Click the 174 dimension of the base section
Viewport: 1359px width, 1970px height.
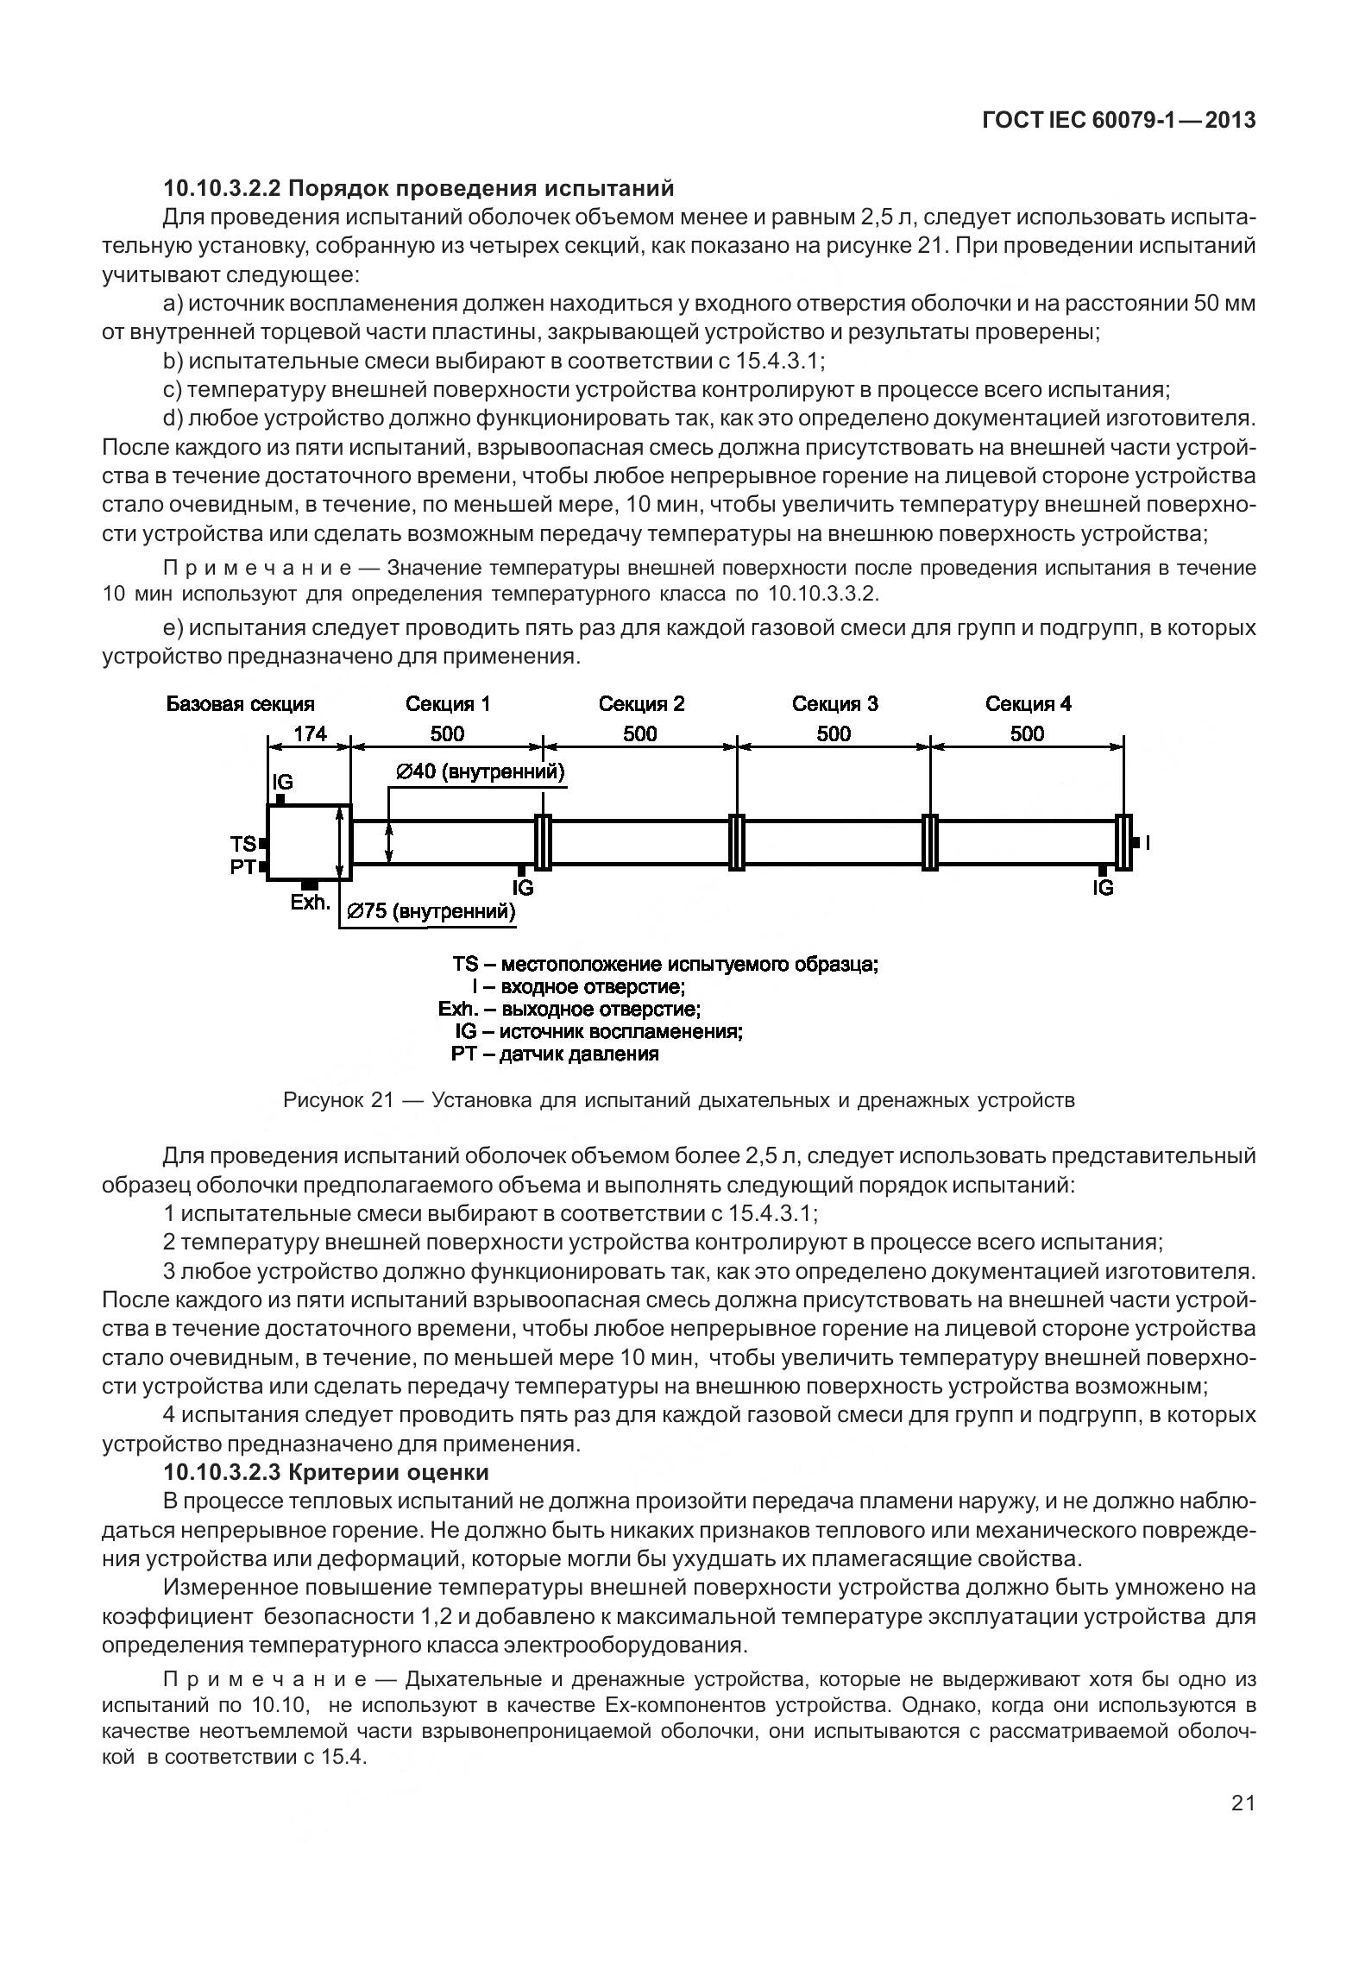pos(311,733)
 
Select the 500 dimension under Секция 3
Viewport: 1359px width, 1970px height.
pos(834,733)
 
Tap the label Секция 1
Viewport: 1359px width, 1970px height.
pos(448,704)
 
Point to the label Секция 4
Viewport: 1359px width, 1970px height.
pos(1028,704)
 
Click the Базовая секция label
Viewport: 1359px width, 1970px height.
pos(241,704)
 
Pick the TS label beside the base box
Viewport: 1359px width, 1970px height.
pos(242,843)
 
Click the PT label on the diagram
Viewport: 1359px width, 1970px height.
pos(242,867)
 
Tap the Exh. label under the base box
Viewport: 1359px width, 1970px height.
pos(310,903)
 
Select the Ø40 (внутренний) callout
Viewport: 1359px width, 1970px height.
pos(481,771)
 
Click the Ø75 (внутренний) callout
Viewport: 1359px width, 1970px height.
pos(431,911)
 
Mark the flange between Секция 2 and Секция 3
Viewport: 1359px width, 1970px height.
pos(736,841)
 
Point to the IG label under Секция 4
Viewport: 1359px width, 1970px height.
pos(1103,887)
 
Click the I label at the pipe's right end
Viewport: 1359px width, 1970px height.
pos(1148,843)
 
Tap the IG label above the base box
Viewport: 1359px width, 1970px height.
pos(282,782)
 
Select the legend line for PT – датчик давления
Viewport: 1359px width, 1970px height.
pos(555,1054)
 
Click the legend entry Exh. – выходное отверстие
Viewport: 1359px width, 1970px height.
pos(569,1009)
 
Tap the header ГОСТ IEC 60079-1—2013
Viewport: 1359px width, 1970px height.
pos(1118,121)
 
